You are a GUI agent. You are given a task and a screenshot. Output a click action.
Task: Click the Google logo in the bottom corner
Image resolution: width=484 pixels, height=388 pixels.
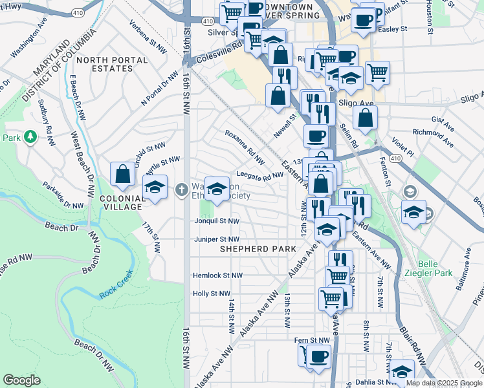(x=21, y=380)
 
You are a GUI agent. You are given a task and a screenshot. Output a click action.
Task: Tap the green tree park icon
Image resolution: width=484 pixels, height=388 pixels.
(x=30, y=137)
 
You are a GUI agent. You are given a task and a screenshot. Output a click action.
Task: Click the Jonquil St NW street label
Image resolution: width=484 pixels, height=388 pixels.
(x=217, y=221)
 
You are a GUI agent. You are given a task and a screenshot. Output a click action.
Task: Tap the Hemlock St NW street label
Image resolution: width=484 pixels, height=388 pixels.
(x=217, y=275)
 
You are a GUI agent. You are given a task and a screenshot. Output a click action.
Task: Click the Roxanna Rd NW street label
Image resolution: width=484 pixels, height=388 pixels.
(x=245, y=146)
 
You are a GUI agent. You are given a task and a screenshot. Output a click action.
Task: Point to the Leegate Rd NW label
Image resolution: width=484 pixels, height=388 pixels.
(x=259, y=175)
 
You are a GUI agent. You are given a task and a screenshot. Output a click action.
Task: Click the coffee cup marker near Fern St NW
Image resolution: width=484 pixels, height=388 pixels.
(x=318, y=356)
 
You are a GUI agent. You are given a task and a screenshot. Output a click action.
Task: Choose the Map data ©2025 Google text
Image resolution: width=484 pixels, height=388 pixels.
(x=444, y=383)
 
